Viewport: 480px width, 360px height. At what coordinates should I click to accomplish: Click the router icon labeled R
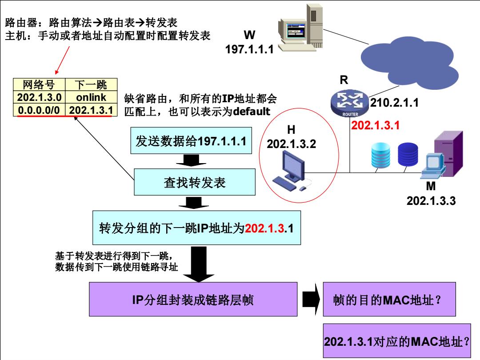click(x=350, y=104)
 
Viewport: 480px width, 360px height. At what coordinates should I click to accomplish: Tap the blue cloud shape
click(x=409, y=63)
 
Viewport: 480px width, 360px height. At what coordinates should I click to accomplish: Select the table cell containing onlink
click(x=91, y=97)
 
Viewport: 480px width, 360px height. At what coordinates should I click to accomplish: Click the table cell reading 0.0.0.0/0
click(x=39, y=110)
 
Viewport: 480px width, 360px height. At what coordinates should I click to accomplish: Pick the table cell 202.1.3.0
click(x=39, y=97)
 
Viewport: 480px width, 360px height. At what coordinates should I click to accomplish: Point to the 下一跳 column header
click(x=91, y=84)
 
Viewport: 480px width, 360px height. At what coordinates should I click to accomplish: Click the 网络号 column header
click(x=39, y=84)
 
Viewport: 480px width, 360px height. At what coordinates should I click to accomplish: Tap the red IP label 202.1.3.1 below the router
click(x=375, y=125)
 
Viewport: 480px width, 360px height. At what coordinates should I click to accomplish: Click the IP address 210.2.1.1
click(x=394, y=103)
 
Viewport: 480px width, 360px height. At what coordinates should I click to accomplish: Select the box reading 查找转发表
click(x=195, y=182)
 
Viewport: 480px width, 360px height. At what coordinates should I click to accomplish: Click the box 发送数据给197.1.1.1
click(x=191, y=140)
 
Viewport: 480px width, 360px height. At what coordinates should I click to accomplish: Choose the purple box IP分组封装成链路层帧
click(x=193, y=299)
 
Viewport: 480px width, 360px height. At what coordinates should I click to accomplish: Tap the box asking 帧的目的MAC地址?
click(x=389, y=299)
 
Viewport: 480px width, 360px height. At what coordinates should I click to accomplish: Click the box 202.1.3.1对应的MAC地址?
click(x=397, y=341)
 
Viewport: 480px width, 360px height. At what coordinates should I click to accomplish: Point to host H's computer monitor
click(x=293, y=165)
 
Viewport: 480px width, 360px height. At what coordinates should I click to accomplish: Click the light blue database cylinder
click(x=380, y=155)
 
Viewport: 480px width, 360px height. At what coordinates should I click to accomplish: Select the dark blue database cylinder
click(x=408, y=154)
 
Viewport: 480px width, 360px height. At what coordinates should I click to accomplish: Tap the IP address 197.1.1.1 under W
click(x=249, y=49)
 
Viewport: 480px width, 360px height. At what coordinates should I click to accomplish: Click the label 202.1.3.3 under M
click(x=431, y=201)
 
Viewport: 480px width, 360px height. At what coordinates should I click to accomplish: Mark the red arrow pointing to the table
click(x=63, y=60)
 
